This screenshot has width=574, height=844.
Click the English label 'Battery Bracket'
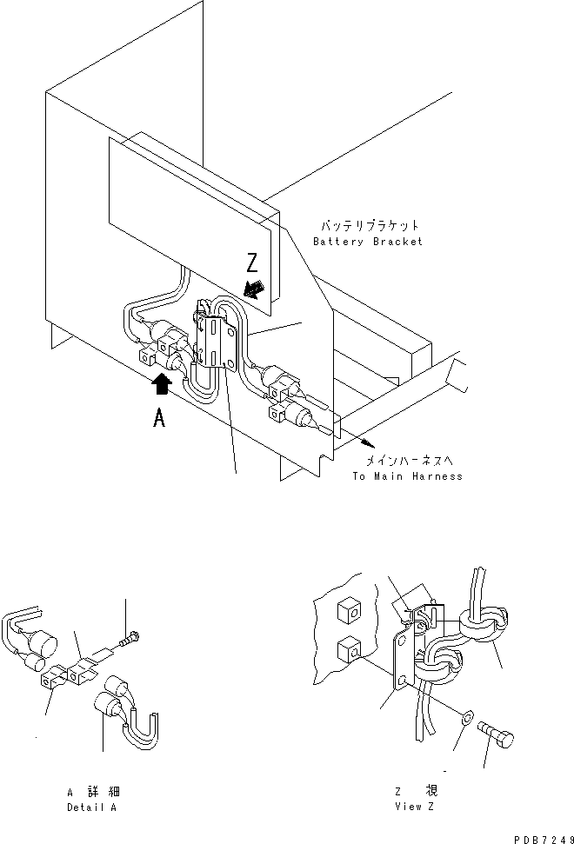367,241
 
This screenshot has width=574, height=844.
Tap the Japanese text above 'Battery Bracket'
367,225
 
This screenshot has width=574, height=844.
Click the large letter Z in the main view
250,263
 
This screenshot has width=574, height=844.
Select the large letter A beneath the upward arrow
159,418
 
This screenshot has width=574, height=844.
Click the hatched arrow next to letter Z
257,290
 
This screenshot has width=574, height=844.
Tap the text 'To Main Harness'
407,475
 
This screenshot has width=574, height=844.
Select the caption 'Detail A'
93,807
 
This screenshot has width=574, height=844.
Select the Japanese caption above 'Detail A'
93,792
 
